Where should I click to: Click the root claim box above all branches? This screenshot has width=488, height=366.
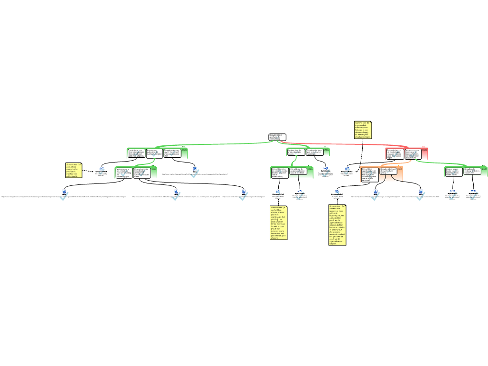pyautogui.click(x=277, y=137)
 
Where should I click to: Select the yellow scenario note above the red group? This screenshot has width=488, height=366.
pyautogui.click(x=363, y=130)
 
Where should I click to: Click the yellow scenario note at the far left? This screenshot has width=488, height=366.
pyautogui.click(x=74, y=170)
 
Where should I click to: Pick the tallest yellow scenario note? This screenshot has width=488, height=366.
pyautogui.click(x=337, y=225)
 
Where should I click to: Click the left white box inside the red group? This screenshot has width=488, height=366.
pyautogui.click(x=395, y=153)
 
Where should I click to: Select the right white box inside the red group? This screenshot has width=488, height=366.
pyautogui.click(x=413, y=153)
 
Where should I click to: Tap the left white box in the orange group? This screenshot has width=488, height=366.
pyautogui.click(x=370, y=174)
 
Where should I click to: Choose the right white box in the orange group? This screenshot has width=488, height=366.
pyautogui.click(x=388, y=172)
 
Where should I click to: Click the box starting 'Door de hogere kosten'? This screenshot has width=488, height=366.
pyautogui.click(x=454, y=172)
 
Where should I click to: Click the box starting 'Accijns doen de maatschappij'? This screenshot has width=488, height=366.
pyautogui.click(x=296, y=152)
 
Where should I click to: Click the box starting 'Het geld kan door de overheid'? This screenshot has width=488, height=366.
pyautogui.click(x=279, y=173)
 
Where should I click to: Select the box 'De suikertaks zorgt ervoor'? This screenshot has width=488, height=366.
pyautogui.click(x=172, y=153)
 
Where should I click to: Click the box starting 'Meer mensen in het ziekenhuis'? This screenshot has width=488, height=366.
pyautogui.click(x=123, y=173)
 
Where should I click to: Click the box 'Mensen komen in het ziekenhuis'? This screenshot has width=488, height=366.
pyautogui.click(x=142, y=173)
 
